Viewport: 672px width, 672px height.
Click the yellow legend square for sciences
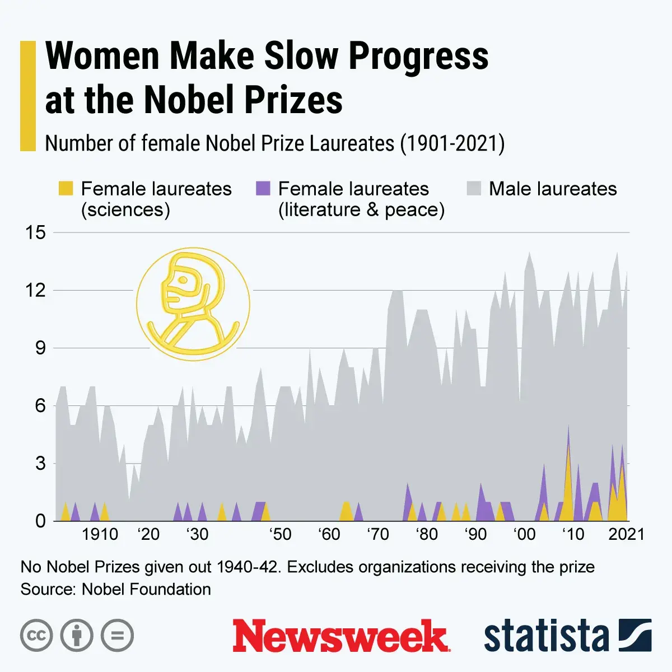coord(66,189)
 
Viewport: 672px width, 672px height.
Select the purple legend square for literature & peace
coord(263,189)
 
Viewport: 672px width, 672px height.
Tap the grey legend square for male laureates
coord(474,189)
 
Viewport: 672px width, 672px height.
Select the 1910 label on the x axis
coord(100,534)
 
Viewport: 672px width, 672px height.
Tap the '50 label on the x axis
coord(280,534)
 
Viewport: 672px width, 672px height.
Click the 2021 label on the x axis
coord(626,534)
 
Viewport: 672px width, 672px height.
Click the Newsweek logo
coord(341,636)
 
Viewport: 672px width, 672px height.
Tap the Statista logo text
coord(546,636)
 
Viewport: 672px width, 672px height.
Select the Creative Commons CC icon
coord(36,636)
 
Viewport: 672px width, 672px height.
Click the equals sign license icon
coord(117,636)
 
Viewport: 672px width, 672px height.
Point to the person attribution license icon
coord(77,636)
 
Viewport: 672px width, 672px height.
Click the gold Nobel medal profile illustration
coord(193,304)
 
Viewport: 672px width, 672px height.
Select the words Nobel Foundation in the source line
coord(146,589)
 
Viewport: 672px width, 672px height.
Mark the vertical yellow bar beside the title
coord(27,96)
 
